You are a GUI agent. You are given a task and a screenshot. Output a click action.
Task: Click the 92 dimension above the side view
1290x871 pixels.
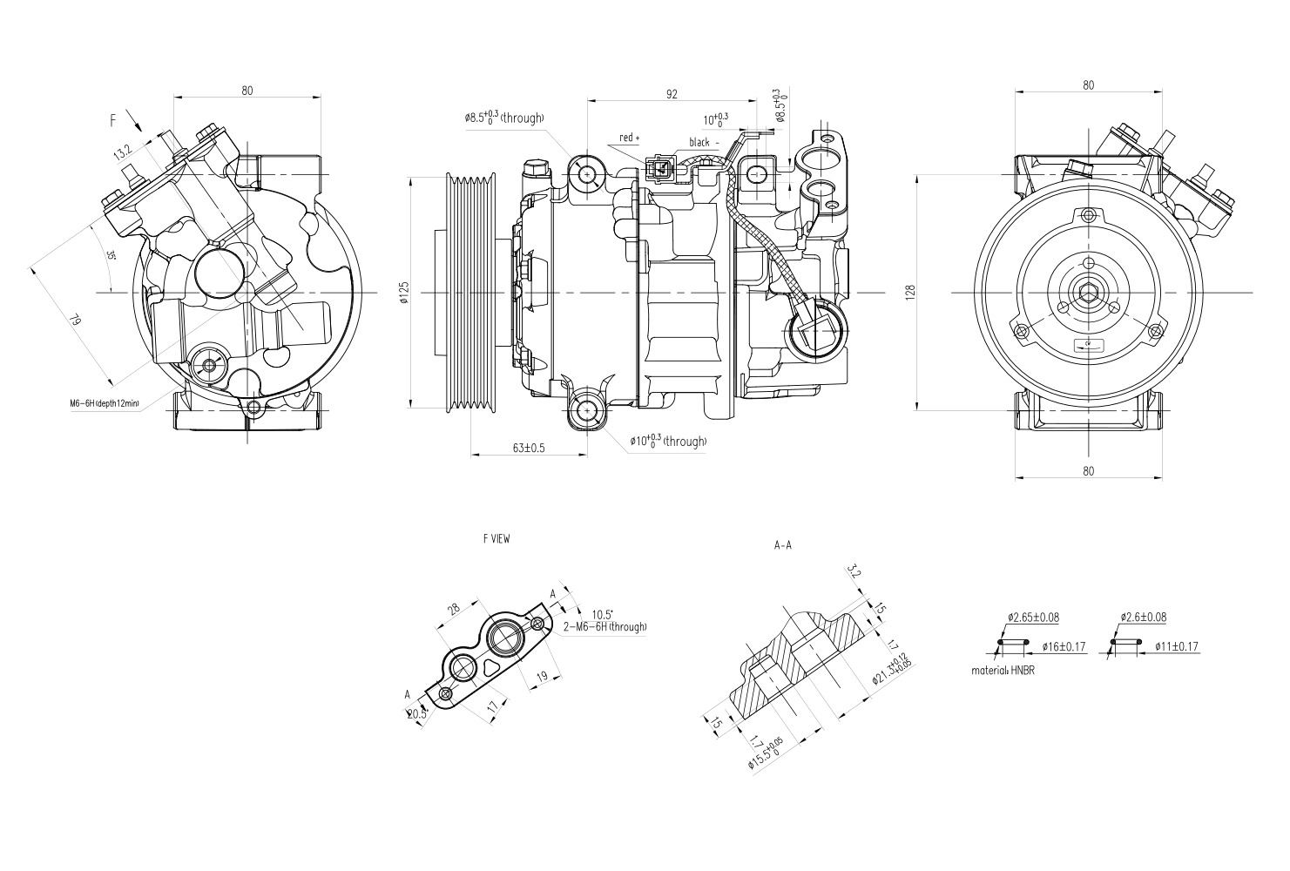pos(672,94)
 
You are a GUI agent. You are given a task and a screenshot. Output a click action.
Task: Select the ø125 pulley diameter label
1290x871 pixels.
pos(403,294)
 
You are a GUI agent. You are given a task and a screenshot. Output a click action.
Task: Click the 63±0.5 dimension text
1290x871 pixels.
pos(528,448)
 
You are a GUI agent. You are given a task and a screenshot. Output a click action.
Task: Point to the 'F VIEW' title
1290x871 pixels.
pos(496,539)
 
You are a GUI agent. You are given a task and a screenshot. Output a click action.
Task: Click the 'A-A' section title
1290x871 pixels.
pos(782,546)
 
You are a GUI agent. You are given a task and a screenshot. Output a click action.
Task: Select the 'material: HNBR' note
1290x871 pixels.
pos(1003,672)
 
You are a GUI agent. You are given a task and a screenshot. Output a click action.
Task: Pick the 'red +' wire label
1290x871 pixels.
pos(629,138)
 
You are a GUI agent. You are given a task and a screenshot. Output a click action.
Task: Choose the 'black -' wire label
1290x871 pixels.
pos(705,142)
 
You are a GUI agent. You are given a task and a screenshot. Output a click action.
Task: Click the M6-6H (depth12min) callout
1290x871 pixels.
pos(105,403)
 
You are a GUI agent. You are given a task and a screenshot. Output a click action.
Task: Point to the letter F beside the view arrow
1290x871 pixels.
pos(112,120)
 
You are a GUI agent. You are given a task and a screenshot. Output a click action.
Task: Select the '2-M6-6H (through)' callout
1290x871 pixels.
pos(604,626)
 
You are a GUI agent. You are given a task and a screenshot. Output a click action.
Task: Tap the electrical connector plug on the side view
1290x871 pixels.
pos(659,167)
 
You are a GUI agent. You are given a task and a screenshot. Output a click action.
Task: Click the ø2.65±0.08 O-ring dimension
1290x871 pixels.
pos(1033,618)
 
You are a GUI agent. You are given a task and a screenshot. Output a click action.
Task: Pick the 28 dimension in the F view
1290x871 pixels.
pos(455,609)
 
